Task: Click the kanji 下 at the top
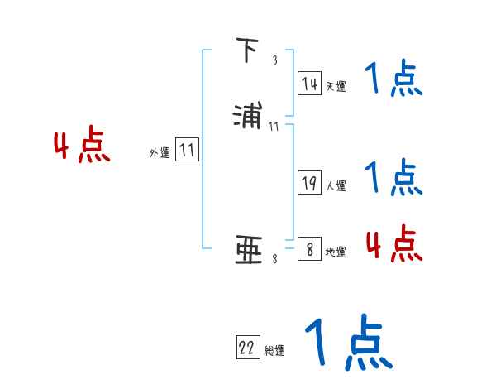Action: (246, 51)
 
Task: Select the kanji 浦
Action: (247, 113)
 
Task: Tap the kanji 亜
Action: (248, 250)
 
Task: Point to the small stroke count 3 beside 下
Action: (274, 60)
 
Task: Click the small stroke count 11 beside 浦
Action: (274, 126)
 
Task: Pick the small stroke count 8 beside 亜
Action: (274, 260)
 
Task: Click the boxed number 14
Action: (309, 83)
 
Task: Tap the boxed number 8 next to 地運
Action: (309, 249)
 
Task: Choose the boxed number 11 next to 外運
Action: (187, 151)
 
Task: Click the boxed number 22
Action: (247, 348)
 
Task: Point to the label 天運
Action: (336, 86)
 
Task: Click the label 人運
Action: (336, 186)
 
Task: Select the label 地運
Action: (336, 252)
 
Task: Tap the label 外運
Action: (159, 153)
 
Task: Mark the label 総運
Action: (274, 351)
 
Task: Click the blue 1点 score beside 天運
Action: (393, 80)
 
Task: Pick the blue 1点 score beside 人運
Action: (393, 176)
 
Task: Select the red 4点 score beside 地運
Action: (393, 243)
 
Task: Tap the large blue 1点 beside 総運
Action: (348, 341)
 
